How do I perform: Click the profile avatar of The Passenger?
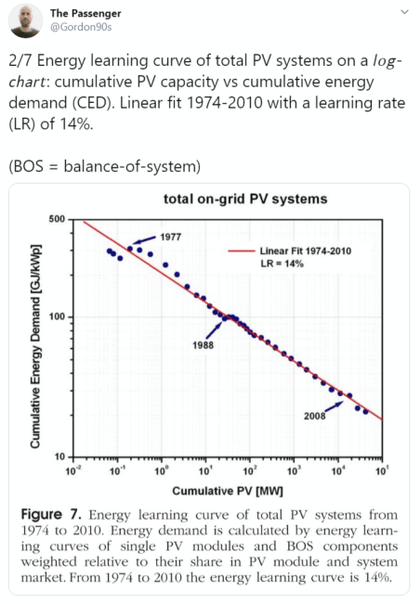(x=24, y=19)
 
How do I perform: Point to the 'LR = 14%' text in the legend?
(x=282, y=263)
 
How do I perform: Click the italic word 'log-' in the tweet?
(x=384, y=61)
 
